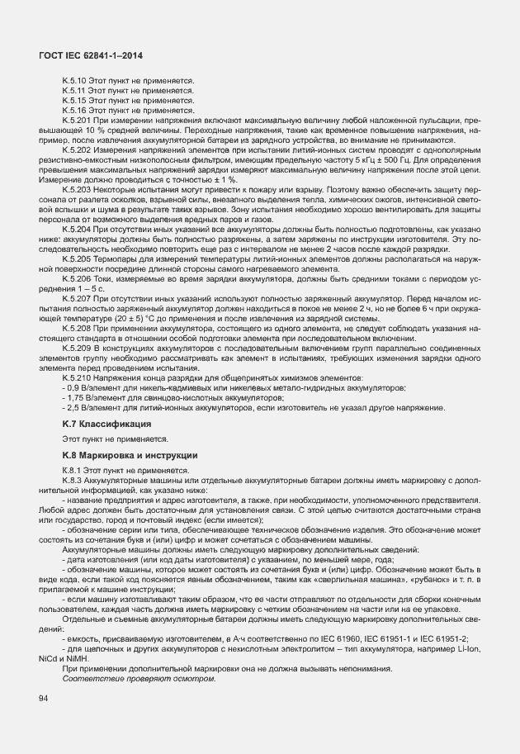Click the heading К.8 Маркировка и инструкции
click(125, 454)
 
